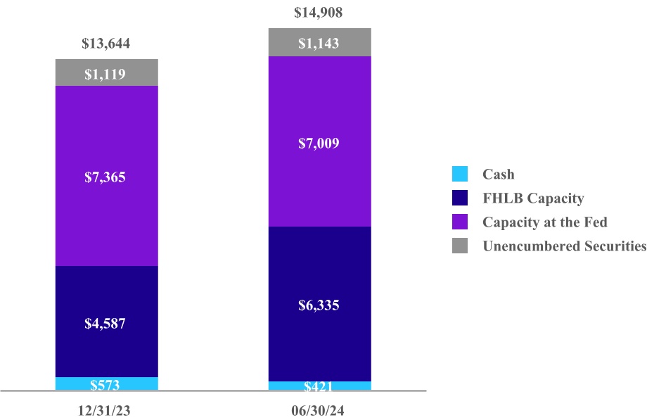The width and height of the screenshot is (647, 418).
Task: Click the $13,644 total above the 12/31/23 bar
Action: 106,44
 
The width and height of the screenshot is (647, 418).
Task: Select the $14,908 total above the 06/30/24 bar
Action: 319,13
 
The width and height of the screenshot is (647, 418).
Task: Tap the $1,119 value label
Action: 106,73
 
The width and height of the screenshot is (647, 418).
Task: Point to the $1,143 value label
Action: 319,43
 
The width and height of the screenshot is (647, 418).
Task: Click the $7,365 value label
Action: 106,177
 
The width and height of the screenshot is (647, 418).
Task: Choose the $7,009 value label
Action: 319,144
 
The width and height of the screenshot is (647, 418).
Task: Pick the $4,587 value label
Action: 106,324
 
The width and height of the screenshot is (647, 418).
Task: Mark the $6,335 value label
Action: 319,305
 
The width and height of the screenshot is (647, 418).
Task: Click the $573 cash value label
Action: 106,385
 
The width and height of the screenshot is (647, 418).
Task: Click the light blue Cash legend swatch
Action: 460,174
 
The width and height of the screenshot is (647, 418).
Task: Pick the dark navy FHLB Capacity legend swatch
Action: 460,198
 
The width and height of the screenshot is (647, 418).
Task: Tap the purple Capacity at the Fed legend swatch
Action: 460,222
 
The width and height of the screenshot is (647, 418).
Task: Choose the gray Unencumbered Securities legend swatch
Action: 460,246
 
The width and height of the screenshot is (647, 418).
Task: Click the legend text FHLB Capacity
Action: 532,198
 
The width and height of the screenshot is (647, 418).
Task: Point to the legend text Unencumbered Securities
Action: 564,246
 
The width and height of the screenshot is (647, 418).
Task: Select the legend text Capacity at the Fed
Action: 544,222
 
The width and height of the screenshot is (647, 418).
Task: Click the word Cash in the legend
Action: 498,174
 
